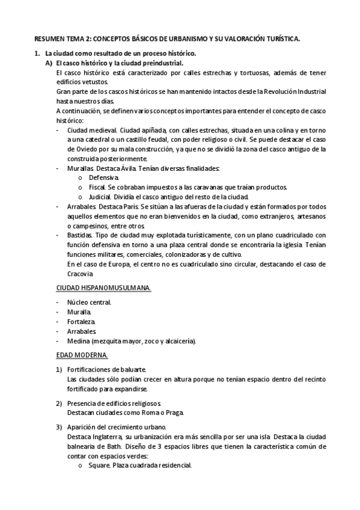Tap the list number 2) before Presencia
pos(59,402)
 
